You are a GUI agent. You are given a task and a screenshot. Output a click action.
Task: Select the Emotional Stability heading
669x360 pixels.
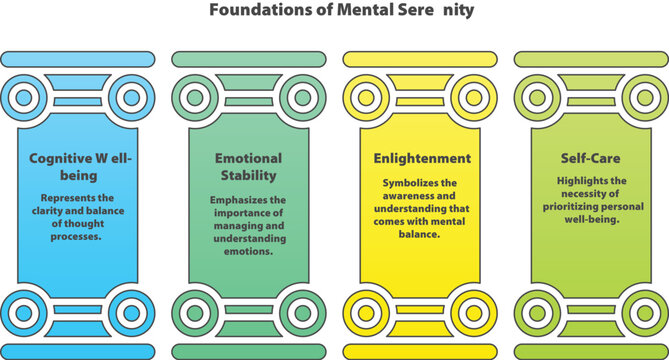248,166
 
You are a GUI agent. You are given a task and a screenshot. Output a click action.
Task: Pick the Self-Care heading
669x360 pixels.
591,158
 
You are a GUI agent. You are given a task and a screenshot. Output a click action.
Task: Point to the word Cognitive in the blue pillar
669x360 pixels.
61,158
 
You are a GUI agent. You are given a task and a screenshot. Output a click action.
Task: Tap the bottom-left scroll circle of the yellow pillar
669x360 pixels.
367,310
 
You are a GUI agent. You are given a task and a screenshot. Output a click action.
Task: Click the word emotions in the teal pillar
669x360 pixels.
248,251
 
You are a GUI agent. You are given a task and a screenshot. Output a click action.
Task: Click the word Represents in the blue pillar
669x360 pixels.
63,197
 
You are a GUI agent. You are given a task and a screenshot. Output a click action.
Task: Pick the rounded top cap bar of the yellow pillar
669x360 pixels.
420,59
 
